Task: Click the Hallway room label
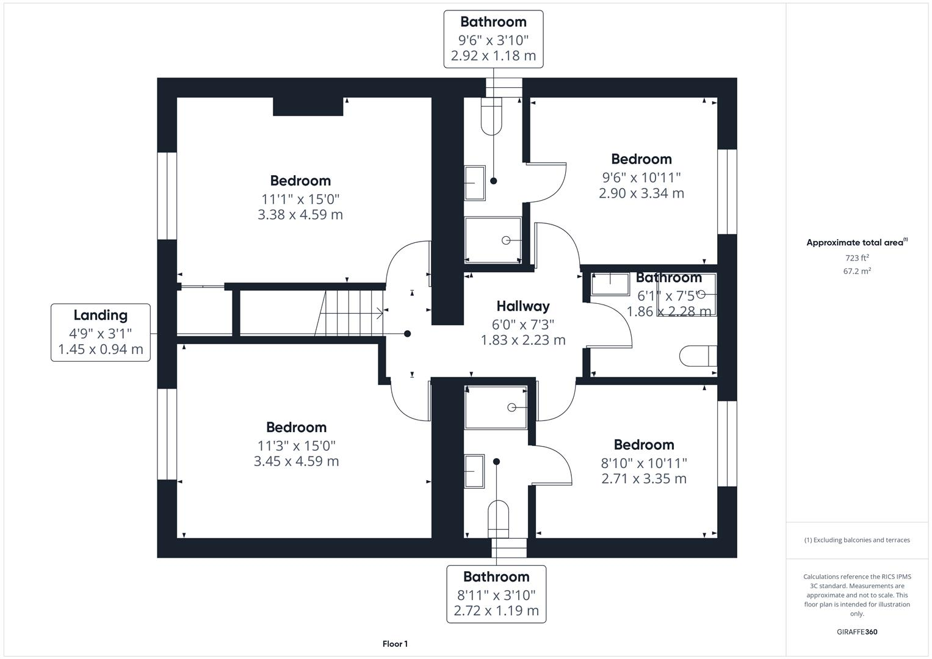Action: pos(523,306)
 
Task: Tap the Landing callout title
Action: pos(101,315)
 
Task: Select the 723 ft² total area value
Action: pos(857,258)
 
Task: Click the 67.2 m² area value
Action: pos(857,272)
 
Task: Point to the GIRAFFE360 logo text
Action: pos(857,632)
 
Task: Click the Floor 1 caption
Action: pos(395,644)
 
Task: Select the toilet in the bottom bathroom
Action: pos(499,519)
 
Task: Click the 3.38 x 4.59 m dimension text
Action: pos(300,215)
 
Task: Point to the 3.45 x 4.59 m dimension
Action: pos(297,461)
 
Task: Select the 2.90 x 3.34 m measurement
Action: pos(641,193)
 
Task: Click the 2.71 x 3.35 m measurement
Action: pos(644,479)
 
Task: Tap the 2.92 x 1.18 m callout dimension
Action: pos(493,56)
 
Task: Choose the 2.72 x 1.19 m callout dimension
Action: pos(496,611)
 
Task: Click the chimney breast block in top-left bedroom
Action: pos(308,106)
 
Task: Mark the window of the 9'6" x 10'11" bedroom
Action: pos(726,192)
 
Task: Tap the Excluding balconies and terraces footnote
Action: pos(857,540)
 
